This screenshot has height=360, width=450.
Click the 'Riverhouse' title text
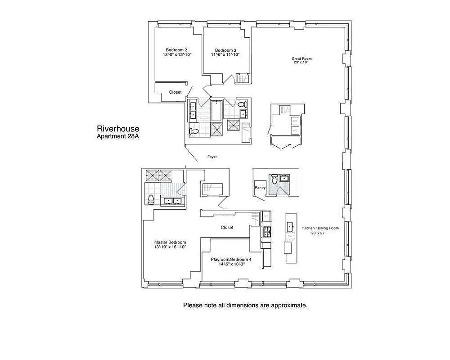pyautogui.click(x=118, y=129)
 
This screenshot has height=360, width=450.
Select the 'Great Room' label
pyautogui.click(x=301, y=58)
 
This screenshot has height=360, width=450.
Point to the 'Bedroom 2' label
pyautogui.click(x=176, y=50)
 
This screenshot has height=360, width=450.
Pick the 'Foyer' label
pyautogui.click(x=212, y=157)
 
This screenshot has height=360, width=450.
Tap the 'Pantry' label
pyautogui.click(x=260, y=188)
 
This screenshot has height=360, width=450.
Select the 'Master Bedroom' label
pyautogui.click(x=170, y=242)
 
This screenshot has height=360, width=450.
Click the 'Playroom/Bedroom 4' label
pyautogui.click(x=231, y=260)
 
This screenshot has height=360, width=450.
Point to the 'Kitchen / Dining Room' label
pyautogui.click(x=320, y=228)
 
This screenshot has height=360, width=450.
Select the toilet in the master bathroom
pyautogui.click(x=151, y=200)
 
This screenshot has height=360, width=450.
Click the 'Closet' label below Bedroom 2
pyautogui.click(x=175, y=92)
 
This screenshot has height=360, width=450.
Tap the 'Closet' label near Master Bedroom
pyautogui.click(x=227, y=228)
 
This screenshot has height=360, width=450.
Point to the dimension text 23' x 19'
pyautogui.click(x=300, y=63)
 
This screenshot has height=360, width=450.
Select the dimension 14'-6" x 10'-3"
pyautogui.click(x=231, y=265)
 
